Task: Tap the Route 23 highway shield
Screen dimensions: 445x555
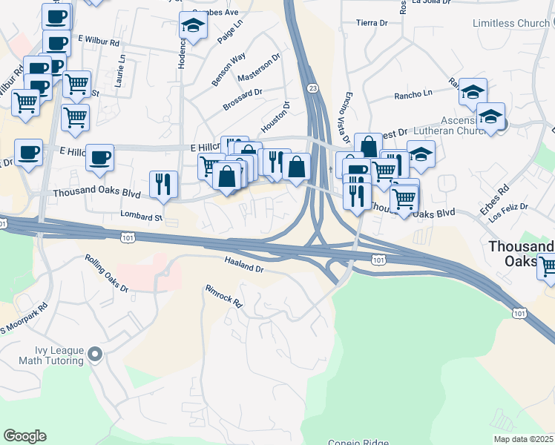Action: [x=312, y=88]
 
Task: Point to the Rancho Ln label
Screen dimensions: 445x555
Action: [x=413, y=95]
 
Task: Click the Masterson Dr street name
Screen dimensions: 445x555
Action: [x=259, y=67]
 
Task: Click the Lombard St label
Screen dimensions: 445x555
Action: [x=141, y=217]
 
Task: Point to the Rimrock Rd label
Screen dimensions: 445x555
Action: [x=224, y=295]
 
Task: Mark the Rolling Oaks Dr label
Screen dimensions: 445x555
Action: [x=106, y=272]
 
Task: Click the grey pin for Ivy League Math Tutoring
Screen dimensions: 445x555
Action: [x=94, y=355]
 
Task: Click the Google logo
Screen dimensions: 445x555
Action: [x=24, y=436]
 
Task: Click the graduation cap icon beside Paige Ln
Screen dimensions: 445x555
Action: [x=193, y=27]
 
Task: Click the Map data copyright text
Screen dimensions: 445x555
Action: [x=523, y=439]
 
